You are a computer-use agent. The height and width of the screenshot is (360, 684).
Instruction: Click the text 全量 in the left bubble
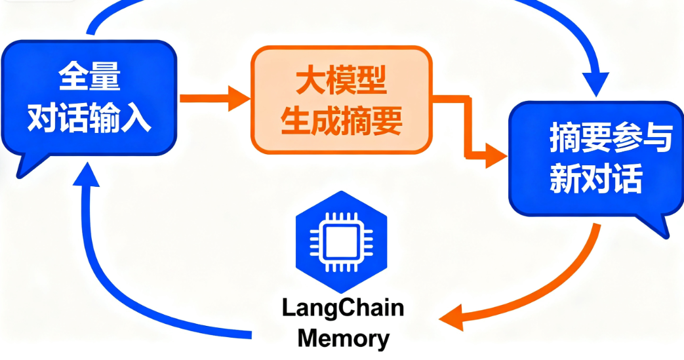tap(90, 77)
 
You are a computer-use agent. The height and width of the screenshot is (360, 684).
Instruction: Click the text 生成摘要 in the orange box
tap(341, 122)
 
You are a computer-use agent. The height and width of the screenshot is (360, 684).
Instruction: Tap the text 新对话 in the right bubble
tap(596, 178)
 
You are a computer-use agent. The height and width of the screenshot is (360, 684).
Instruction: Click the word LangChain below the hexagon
tap(343, 308)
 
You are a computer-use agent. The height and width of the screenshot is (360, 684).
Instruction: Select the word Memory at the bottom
tap(343, 339)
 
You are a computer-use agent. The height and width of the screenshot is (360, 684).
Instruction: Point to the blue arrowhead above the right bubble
tap(597, 85)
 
